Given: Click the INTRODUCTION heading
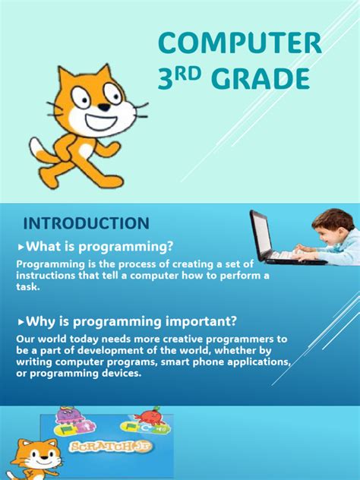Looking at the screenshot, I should coord(86,223).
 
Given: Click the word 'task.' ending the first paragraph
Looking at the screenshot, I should coord(29,288).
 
